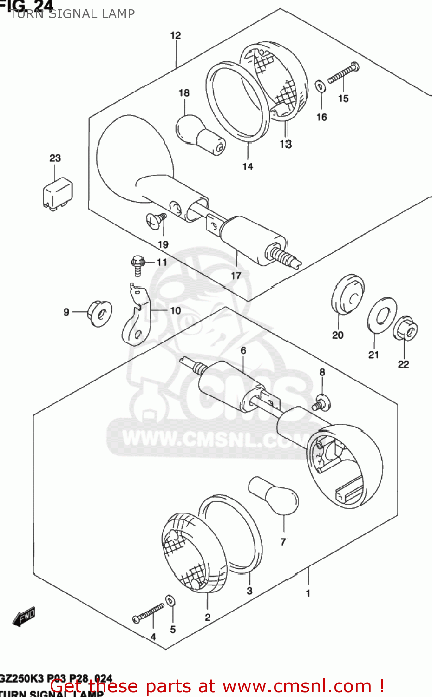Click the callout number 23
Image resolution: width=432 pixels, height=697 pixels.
pos(55,158)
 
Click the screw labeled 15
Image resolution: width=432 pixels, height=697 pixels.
pos(343,73)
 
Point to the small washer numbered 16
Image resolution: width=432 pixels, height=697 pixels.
pos(320,86)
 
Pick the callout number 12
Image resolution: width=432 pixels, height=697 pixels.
pos(175,35)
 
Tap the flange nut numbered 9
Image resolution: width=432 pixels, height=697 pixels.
pos(99,313)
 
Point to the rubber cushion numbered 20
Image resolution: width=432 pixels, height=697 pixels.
pos(347,294)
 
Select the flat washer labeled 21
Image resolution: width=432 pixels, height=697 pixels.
pos(382,316)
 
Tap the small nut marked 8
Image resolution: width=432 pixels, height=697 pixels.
pos(321,402)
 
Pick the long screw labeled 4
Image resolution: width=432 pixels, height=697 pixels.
pos(148,612)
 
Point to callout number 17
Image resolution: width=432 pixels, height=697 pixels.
pos(236,276)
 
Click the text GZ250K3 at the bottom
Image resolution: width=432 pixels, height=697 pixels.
pos(20,679)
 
